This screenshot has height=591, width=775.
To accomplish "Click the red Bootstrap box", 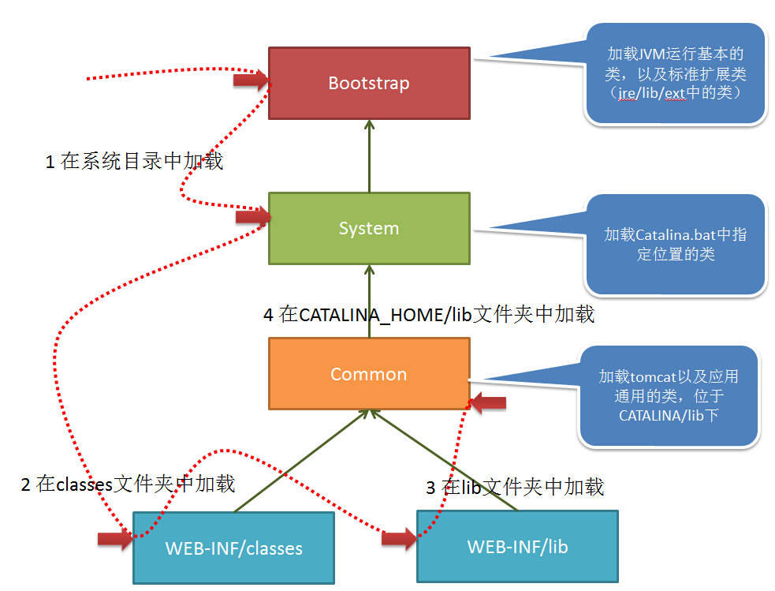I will click(369, 83).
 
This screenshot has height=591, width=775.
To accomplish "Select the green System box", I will click(369, 228).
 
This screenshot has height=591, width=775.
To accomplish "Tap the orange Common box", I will click(369, 373).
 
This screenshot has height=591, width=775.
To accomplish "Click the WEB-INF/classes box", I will click(233, 548).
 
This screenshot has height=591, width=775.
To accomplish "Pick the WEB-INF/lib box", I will click(517, 546).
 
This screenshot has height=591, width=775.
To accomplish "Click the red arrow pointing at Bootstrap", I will click(251, 79).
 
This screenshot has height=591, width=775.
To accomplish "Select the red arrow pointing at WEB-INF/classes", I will click(115, 539).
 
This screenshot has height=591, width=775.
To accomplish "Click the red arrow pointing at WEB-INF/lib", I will click(399, 539).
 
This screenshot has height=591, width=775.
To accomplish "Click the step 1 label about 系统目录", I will click(134, 162).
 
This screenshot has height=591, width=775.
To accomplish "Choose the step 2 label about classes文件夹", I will click(128, 484).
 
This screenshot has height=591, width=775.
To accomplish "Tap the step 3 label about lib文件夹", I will click(515, 487).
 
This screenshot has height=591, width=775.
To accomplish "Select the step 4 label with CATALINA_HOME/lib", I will click(428, 315).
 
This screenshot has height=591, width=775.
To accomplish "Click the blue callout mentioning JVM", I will click(676, 73).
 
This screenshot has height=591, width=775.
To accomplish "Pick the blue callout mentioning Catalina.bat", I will click(676, 245).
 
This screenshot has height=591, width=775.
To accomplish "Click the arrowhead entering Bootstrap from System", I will click(369, 126).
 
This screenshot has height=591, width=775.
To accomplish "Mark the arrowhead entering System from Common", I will click(369, 271).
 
